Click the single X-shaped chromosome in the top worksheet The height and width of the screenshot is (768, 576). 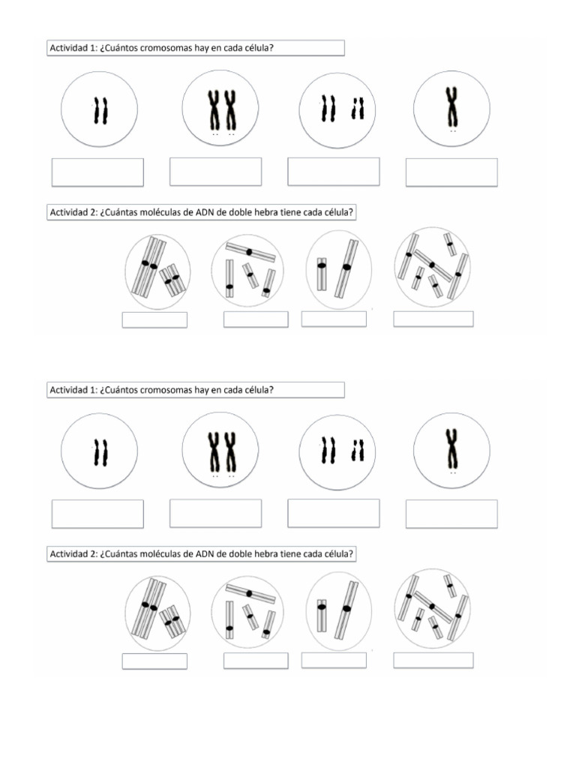pyautogui.click(x=451, y=106)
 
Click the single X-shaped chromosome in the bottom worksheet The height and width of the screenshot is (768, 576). pyautogui.click(x=451, y=448)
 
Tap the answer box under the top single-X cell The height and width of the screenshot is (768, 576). pyautogui.click(x=451, y=172)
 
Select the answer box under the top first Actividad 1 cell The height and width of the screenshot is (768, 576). pyautogui.click(x=97, y=172)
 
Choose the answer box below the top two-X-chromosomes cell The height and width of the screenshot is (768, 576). pyautogui.click(x=215, y=172)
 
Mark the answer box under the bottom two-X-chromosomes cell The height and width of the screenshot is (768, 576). pyautogui.click(x=215, y=514)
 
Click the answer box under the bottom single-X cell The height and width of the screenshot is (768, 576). pyautogui.click(x=451, y=514)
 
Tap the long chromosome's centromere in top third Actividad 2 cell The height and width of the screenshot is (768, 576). pyautogui.click(x=346, y=266)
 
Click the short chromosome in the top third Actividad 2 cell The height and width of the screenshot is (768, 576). pyautogui.click(x=322, y=274)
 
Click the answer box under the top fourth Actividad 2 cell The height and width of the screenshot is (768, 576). pyautogui.click(x=433, y=319)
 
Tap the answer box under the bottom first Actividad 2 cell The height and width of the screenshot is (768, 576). pyautogui.click(x=154, y=661)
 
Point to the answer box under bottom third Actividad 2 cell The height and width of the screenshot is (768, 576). pyautogui.click(x=334, y=660)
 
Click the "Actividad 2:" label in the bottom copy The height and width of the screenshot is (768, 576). pyautogui.click(x=73, y=554)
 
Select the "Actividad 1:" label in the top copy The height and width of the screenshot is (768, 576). pyautogui.click(x=73, y=49)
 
